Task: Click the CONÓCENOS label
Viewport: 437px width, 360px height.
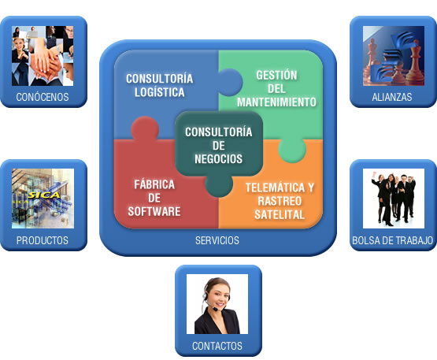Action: (43, 97)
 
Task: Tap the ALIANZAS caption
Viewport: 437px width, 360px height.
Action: (392, 97)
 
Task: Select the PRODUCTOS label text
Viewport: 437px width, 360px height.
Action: (43, 240)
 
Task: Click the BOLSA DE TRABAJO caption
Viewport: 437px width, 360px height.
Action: (392, 240)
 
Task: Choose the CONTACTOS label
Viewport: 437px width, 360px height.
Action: (217, 346)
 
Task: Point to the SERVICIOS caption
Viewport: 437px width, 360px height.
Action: (217, 240)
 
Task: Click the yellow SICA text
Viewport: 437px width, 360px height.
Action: (44, 195)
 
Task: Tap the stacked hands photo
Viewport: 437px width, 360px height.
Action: (43, 56)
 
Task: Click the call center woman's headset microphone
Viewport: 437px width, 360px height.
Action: (215, 309)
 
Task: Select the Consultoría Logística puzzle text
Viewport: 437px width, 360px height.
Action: (159, 85)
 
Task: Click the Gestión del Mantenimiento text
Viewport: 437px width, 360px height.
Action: (276, 89)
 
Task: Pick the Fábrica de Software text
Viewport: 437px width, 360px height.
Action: (154, 198)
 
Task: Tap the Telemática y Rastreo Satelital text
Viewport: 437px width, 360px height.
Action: (280, 201)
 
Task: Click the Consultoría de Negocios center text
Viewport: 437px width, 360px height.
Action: (219, 146)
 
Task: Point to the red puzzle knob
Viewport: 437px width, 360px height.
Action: (145, 128)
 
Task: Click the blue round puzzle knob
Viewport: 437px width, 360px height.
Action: (230, 82)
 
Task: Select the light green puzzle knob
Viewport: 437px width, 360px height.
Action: (292, 150)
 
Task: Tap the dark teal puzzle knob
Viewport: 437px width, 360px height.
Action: (219, 184)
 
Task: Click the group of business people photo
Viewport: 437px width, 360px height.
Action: (394, 199)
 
